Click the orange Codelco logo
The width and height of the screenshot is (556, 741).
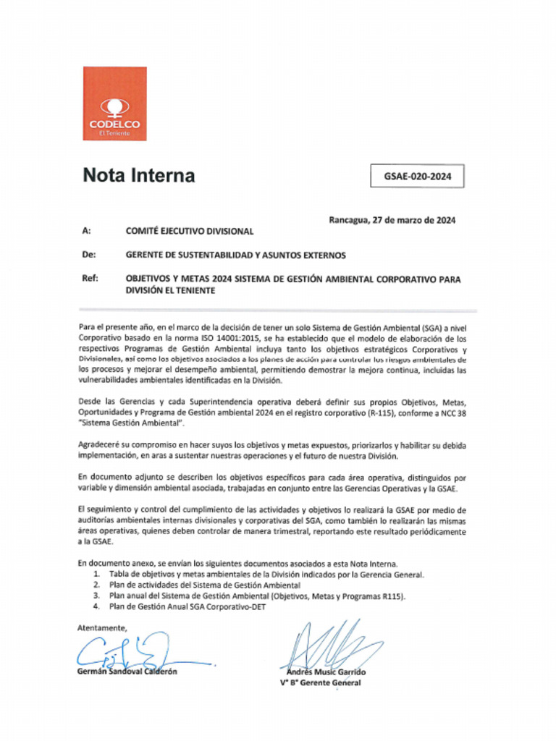114,103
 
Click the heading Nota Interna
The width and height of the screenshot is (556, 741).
138,175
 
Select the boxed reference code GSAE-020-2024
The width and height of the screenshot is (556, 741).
417,176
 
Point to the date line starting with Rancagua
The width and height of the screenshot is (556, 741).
392,220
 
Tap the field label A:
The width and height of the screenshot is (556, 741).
87,232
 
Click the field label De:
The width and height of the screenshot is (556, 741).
88,255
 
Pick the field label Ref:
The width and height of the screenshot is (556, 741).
90,279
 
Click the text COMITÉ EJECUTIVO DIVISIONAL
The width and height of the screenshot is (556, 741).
190,232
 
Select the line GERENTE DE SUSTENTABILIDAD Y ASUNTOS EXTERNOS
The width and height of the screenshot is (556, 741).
236,255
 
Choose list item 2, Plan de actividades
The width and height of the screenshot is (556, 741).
205,585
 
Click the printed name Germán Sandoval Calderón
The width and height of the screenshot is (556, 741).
127,671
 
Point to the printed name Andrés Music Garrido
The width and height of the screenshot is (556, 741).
322,672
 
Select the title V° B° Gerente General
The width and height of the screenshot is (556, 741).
321,682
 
